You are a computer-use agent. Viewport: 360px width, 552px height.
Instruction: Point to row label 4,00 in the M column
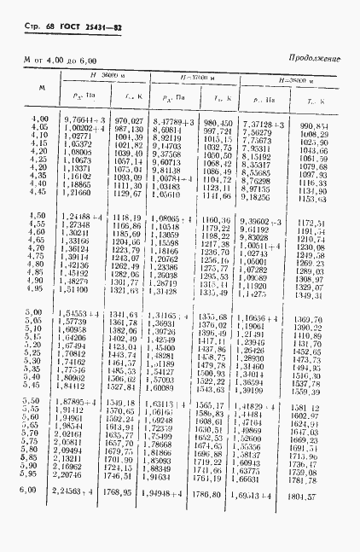pyautogui.click(x=39, y=120)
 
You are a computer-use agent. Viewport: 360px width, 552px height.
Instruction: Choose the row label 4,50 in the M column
pyautogui.click(x=38, y=217)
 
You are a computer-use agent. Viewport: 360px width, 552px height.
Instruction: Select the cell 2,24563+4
pyautogui.click(x=79, y=491)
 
